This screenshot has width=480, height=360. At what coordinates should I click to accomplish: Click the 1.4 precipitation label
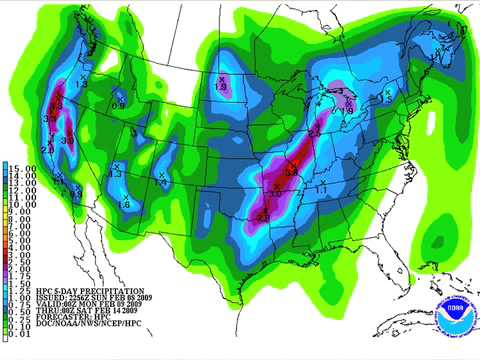[160, 184]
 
